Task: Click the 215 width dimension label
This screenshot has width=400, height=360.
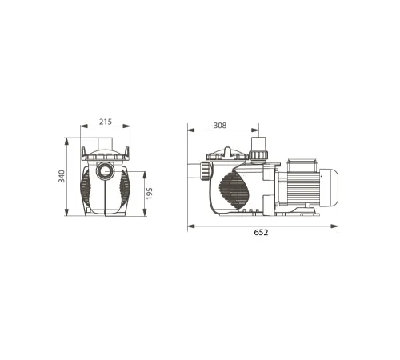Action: coord(106,122)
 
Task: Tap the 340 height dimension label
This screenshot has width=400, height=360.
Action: coord(62,176)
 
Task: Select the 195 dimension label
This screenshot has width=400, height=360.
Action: coord(150,194)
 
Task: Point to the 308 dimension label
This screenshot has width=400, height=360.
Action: coord(220,126)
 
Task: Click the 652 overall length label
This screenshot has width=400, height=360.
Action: coord(261,233)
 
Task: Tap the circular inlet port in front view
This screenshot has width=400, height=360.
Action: coord(106,170)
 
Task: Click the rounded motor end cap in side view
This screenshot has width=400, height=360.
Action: coord(329,188)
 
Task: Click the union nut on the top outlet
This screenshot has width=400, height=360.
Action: coord(258,154)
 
